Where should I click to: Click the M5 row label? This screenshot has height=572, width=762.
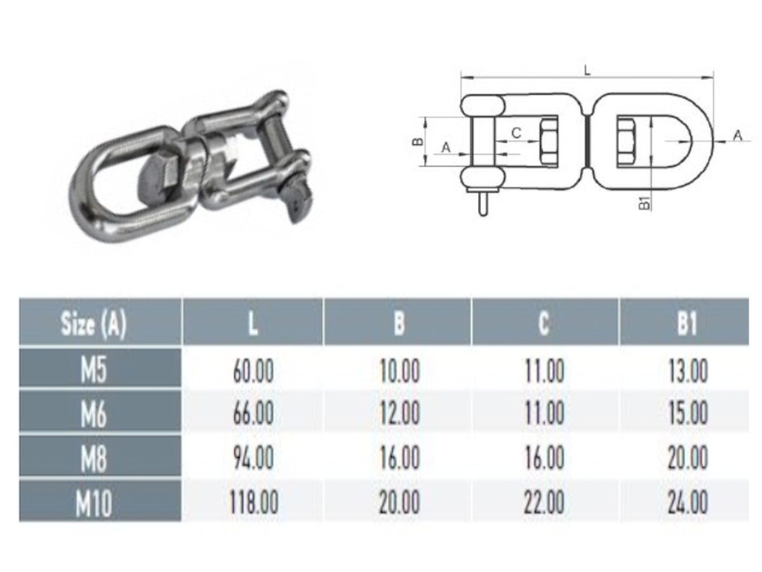pos(94,371)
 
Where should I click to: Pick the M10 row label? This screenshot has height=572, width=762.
pos(94,503)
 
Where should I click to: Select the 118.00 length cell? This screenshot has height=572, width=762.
pos(253,503)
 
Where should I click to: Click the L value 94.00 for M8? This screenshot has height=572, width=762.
pos(253,458)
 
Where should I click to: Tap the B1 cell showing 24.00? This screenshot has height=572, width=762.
pos(688,503)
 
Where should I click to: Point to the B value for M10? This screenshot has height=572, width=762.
pos(399,503)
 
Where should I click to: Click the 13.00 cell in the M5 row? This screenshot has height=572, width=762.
pos(688,371)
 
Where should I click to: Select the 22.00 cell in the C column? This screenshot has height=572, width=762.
pos(545,503)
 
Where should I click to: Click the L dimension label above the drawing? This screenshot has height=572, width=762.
pos(587,70)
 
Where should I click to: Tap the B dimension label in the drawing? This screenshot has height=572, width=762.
pos(417,141)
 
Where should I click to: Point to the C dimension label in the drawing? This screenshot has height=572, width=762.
pos(516,133)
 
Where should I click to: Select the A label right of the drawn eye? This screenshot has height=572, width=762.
pos(737,134)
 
